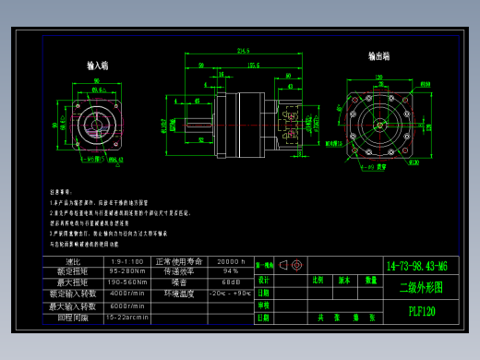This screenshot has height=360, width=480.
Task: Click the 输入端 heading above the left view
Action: (98, 66)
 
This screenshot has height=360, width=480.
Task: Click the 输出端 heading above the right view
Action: (378, 56)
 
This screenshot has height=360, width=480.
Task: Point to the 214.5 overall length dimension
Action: (245, 50)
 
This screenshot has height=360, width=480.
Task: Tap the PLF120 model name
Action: (422, 311)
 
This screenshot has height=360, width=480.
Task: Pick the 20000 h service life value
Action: (230, 261)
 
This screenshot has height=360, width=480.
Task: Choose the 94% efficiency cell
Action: (230, 271)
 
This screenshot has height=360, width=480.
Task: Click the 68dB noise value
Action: (230, 282)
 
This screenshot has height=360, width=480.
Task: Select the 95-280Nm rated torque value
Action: (127, 271)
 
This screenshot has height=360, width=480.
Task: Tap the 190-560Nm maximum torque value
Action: (127, 282)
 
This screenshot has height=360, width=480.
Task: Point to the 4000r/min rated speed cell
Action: (127, 294)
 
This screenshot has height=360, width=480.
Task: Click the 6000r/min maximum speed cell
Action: (127, 306)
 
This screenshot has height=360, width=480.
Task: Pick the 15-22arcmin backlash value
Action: (127, 317)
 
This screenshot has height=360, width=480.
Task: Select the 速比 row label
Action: (74, 261)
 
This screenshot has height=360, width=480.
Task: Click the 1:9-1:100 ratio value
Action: (127, 261)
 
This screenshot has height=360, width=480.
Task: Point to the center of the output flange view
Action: (378, 123)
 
